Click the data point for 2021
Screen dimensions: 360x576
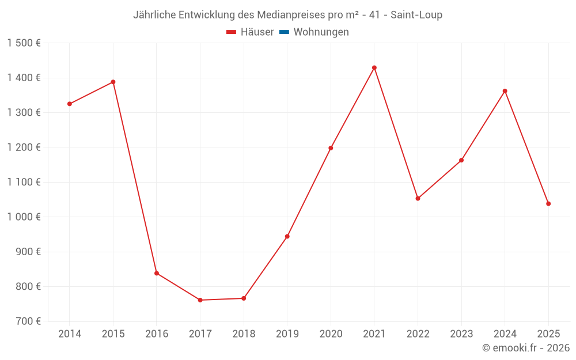(x=374, y=68)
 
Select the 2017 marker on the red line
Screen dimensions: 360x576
(x=200, y=300)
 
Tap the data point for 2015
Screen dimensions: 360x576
(x=113, y=82)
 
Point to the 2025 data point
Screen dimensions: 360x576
(x=548, y=203)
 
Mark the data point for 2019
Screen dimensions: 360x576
(x=287, y=236)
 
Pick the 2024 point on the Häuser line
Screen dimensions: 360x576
(x=505, y=91)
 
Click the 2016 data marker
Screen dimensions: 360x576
(x=157, y=273)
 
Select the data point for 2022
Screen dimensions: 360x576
(x=418, y=199)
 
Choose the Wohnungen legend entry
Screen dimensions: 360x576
(x=321, y=32)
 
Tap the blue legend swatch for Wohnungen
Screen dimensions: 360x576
(x=283, y=32)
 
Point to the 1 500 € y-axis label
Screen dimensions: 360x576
(x=24, y=43)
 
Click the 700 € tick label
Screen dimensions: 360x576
(x=29, y=321)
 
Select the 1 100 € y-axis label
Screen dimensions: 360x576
(x=24, y=182)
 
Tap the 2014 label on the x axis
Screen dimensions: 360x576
(x=70, y=334)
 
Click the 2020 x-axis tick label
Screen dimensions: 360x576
(x=331, y=334)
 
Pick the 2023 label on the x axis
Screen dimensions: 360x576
(x=461, y=334)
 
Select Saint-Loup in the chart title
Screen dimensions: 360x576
(x=416, y=15)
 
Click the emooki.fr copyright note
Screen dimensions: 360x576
(x=526, y=348)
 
